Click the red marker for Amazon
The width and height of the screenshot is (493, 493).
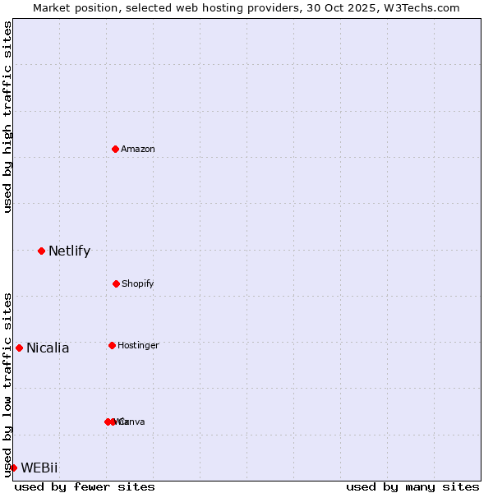116,149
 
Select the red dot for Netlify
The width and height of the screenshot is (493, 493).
41,251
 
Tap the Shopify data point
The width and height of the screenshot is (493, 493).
116,283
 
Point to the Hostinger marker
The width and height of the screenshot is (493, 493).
112,345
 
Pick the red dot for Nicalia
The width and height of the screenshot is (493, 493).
19,348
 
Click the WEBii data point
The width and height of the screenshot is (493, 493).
13,468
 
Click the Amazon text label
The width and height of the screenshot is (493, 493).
138,149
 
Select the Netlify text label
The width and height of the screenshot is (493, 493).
69,251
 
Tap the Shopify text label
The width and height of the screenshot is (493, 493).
138,283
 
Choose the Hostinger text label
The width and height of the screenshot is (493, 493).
138,345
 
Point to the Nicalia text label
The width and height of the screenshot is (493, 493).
48,348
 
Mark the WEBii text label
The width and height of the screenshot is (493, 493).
39,468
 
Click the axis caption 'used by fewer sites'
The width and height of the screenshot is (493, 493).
85,486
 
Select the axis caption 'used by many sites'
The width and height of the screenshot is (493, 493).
412,486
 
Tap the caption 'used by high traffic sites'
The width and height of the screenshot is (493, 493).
7,117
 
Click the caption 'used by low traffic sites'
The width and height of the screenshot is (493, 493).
7,385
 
